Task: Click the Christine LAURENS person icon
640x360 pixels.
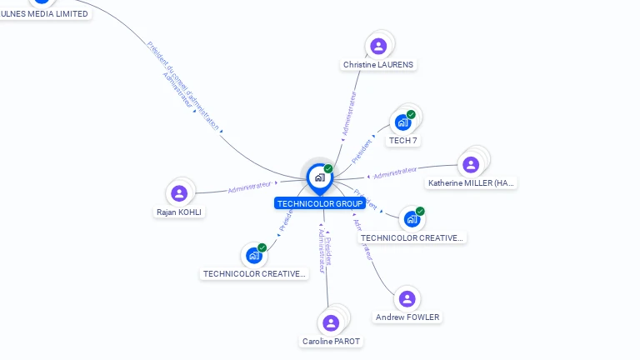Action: coord(378,46)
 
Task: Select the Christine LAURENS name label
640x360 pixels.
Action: coord(378,65)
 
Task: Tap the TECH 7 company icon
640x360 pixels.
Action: coord(403,122)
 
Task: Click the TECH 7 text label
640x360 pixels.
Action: coord(403,141)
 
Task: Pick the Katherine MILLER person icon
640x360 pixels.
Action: coord(471,164)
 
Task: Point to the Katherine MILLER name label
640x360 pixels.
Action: coord(472,183)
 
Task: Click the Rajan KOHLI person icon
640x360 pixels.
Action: coord(179,193)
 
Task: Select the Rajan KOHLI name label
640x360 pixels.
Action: coord(179,212)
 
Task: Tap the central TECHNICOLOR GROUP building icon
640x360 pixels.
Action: coord(319,177)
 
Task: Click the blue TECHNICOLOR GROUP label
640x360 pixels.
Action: coord(319,203)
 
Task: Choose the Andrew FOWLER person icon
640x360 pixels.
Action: coord(407,298)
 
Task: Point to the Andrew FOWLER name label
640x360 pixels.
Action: coord(407,317)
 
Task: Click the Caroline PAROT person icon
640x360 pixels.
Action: coord(331,322)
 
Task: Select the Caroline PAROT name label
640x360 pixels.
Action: coord(332,342)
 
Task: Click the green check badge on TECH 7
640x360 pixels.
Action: coord(411,114)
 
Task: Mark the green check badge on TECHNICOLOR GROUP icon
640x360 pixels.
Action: coord(328,168)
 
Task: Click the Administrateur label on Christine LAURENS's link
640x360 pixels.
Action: coord(349,113)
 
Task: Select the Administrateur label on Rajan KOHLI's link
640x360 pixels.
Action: coord(249,187)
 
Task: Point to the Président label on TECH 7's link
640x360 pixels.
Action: coord(362,151)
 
